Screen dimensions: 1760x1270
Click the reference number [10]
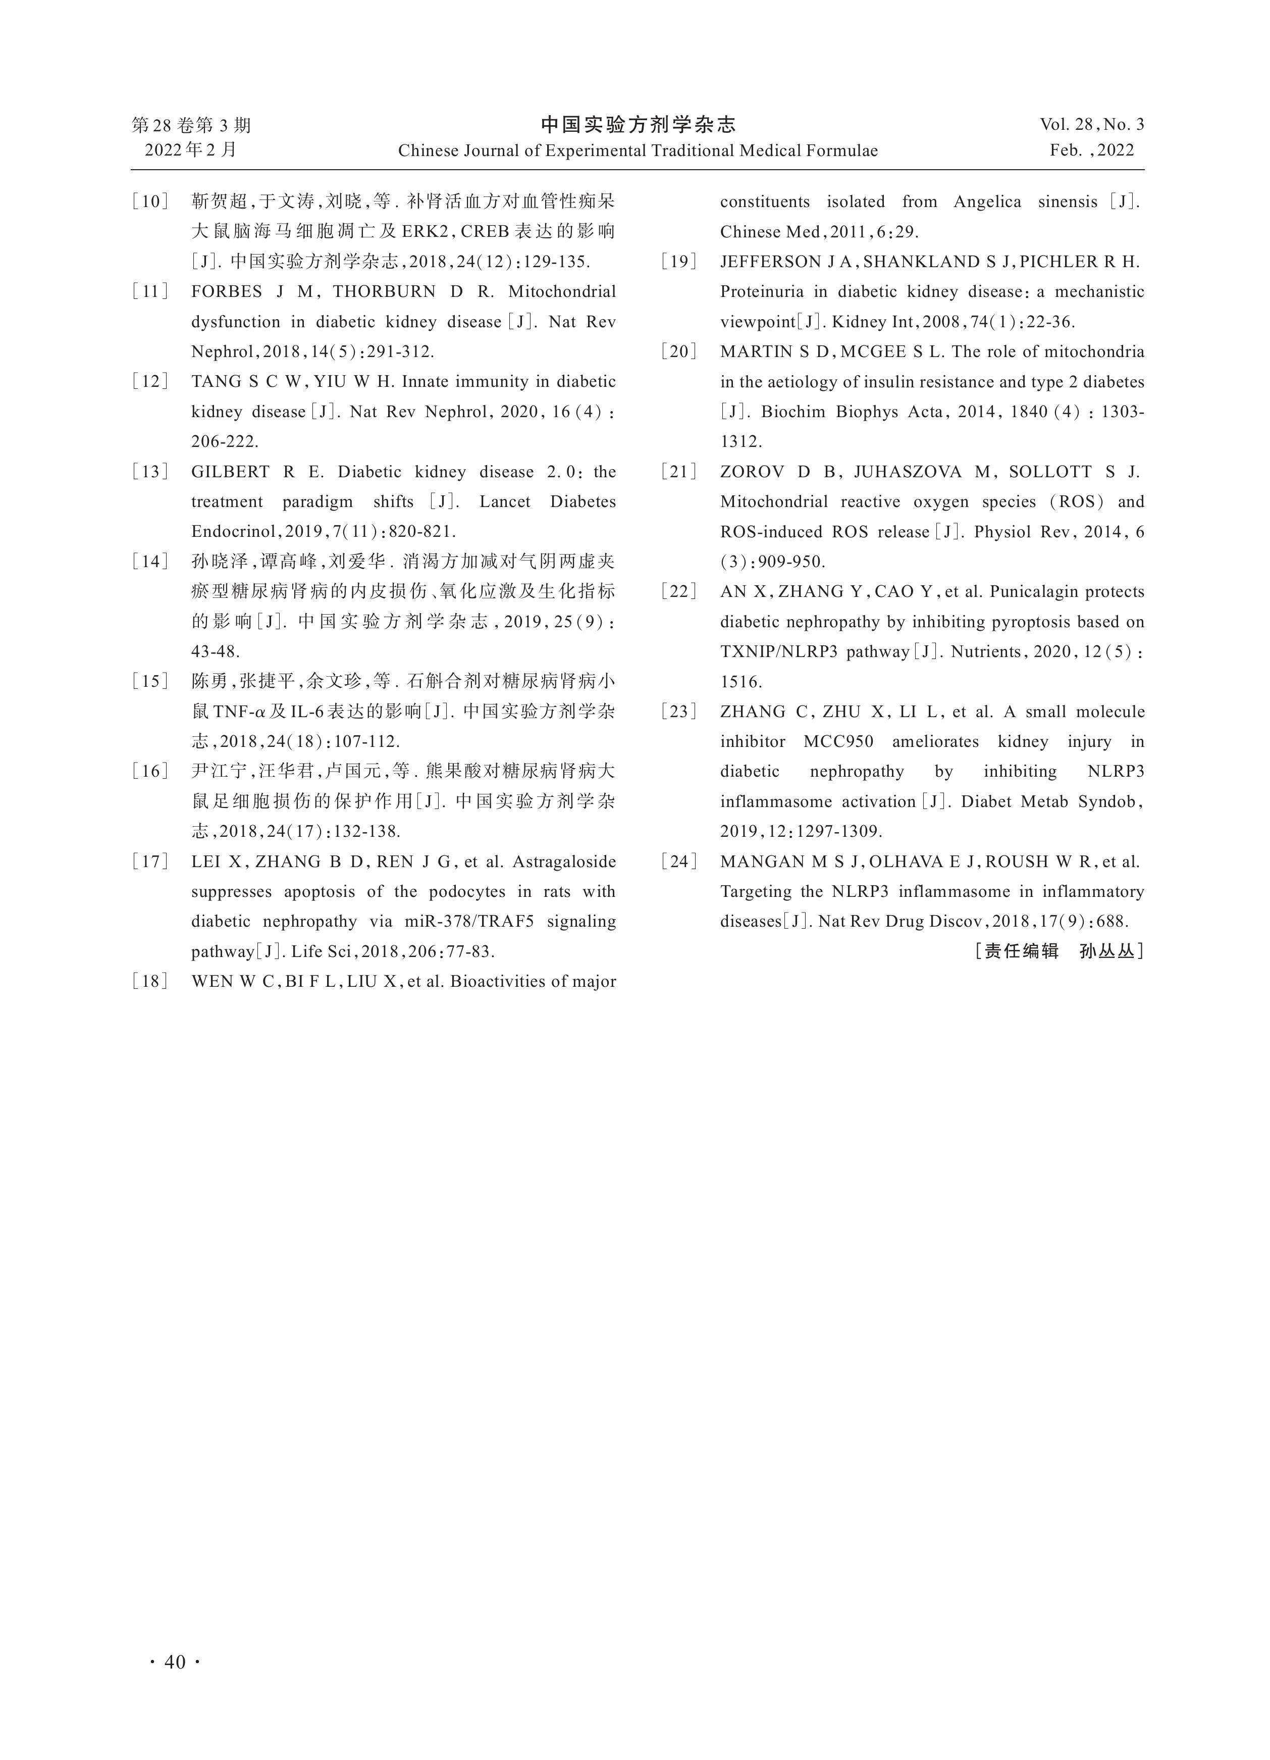tap(150, 202)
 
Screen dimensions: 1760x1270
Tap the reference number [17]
tap(150, 862)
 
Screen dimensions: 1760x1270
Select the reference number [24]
tap(679, 862)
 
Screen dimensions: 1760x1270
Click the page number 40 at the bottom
tap(175, 1662)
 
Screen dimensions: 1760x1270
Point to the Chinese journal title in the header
tap(638, 124)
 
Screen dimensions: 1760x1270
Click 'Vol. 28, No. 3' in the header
tap(1091, 124)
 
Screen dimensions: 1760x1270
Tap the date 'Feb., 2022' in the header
tap(1091, 150)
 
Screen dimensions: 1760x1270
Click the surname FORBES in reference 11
tap(227, 292)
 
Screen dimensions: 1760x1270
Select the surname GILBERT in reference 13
tap(230, 472)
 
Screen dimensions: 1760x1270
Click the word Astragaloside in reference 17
tap(564, 862)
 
